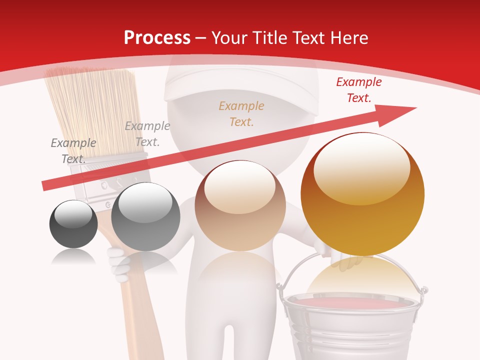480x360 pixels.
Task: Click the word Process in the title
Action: coord(157,38)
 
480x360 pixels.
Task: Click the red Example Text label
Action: coord(358,90)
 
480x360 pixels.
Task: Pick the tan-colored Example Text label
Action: coord(241,113)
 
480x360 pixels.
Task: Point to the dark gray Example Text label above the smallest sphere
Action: coord(73,150)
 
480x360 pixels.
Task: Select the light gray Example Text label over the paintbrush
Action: coord(147,133)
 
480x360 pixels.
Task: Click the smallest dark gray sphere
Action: coord(73,224)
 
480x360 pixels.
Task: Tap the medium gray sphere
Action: coord(145,217)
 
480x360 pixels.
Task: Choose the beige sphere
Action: coord(240,206)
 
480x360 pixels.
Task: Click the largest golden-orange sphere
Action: coord(362,194)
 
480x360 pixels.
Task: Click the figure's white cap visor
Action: coord(200,92)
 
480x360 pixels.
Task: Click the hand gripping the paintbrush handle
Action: coord(118,262)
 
